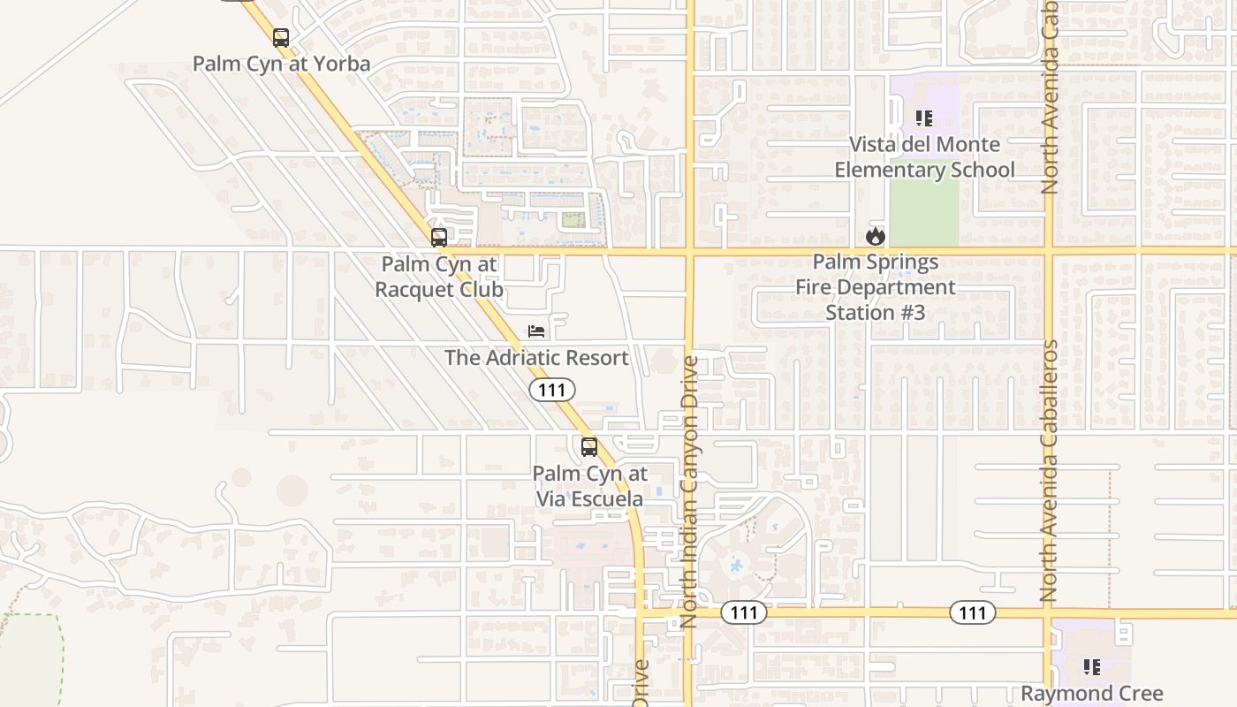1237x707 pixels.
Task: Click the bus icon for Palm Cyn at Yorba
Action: click(x=281, y=38)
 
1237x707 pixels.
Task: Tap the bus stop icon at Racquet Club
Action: click(x=438, y=237)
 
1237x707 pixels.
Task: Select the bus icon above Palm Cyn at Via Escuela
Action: click(x=589, y=447)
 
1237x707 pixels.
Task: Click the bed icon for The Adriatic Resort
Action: click(x=536, y=331)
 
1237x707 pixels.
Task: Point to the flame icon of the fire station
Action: click(x=876, y=236)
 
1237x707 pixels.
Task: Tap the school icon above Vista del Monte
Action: click(x=924, y=118)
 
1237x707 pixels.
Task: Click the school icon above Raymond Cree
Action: click(x=1092, y=667)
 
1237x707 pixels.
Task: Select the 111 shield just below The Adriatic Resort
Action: click(x=552, y=390)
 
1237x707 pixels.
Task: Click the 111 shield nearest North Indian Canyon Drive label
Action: click(x=743, y=612)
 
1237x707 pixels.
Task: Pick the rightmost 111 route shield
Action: click(x=973, y=612)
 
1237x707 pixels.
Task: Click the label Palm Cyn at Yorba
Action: click(x=281, y=64)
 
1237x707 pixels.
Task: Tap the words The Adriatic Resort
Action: click(x=536, y=358)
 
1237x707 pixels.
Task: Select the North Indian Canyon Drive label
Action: click(x=690, y=491)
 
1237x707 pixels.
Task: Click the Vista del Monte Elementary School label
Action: click(x=924, y=156)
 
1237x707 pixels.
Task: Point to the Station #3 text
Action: click(x=875, y=312)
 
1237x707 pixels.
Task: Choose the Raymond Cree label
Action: click(x=1092, y=694)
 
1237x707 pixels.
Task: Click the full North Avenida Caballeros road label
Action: click(x=1049, y=471)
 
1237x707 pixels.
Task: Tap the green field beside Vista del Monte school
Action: click(x=923, y=212)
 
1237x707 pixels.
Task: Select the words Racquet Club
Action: click(x=439, y=289)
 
